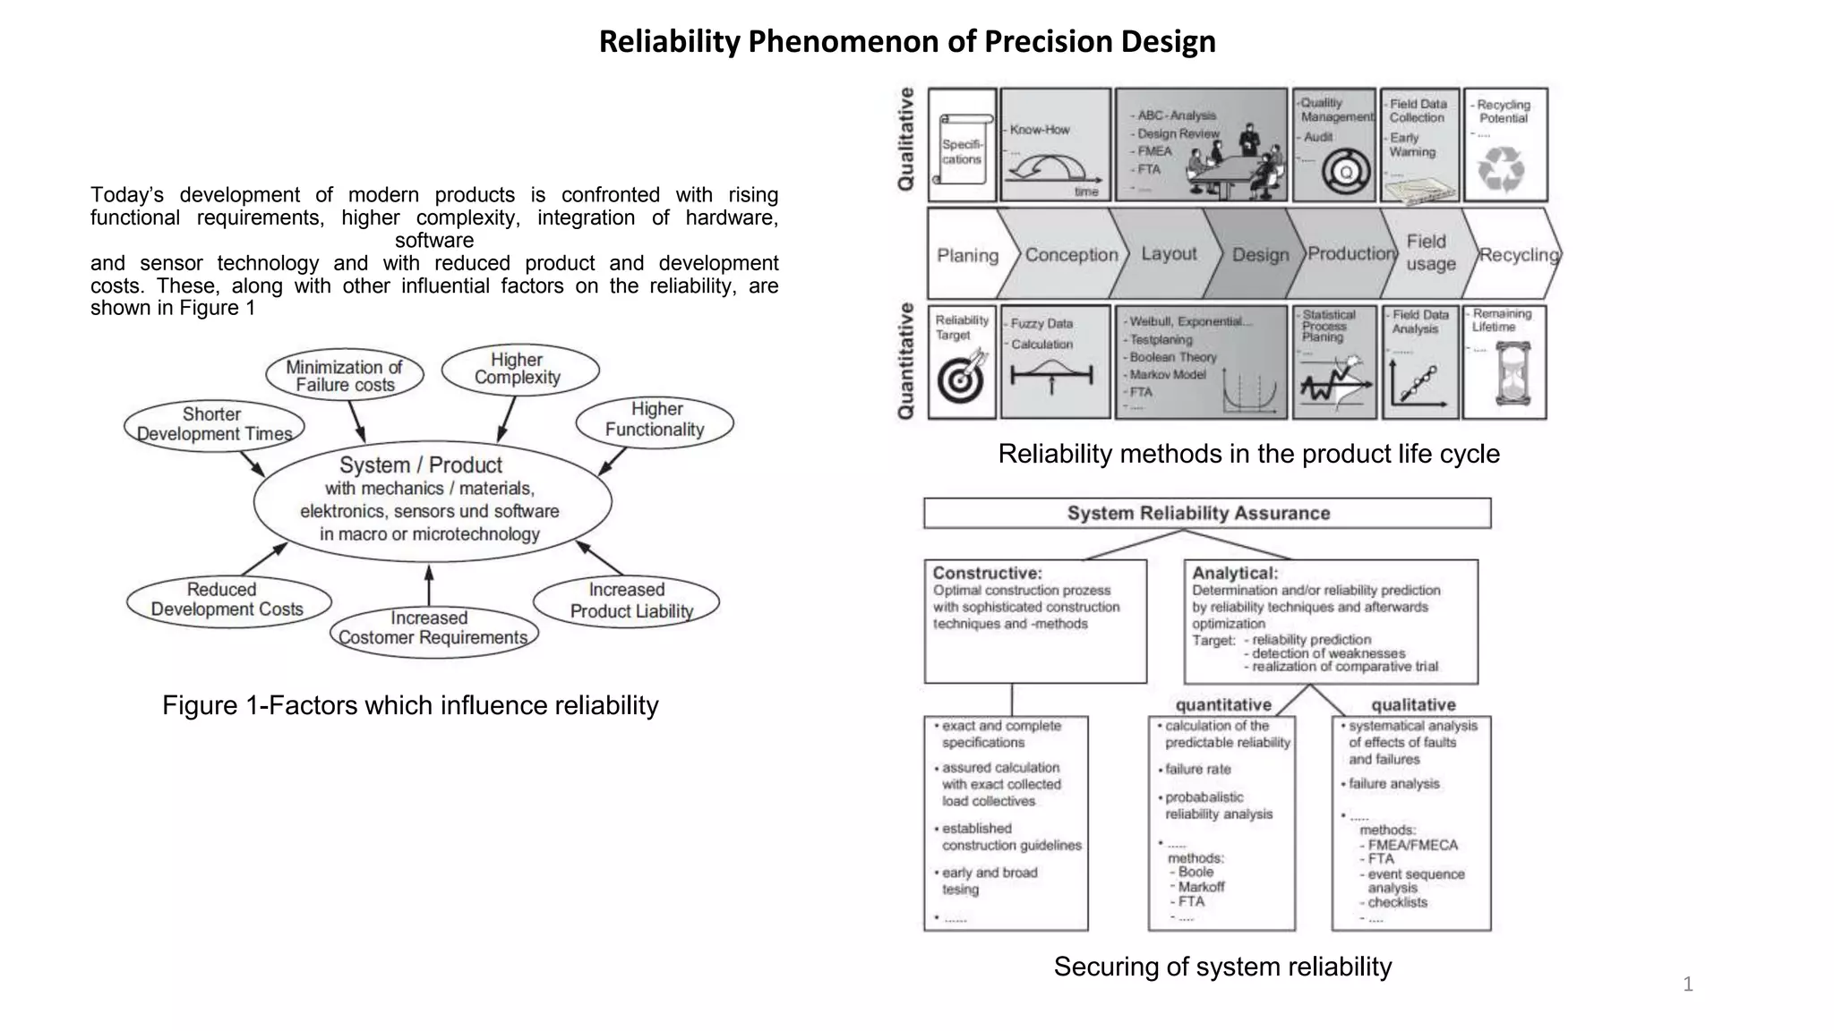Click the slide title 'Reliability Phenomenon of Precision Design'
point(907,41)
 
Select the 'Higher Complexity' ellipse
point(519,369)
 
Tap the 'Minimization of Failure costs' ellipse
point(345,375)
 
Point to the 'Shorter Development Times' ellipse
point(213,424)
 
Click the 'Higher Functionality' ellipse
point(655,420)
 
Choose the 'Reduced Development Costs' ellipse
point(227,600)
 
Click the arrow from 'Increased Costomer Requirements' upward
point(429,585)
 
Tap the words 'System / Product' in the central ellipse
point(421,465)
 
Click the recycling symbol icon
point(1501,168)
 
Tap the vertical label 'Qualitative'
point(906,139)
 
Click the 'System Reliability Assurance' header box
point(1206,514)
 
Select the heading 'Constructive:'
point(988,573)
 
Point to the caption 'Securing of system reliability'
point(1222,967)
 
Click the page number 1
point(1688,984)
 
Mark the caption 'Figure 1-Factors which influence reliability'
point(410,705)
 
